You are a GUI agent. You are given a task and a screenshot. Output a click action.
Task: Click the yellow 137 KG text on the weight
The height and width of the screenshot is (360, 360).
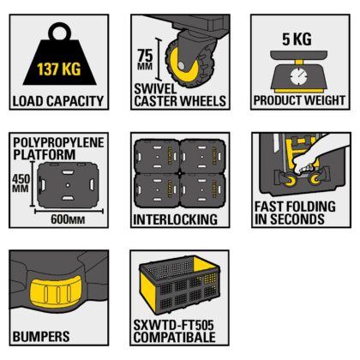coord(57,66)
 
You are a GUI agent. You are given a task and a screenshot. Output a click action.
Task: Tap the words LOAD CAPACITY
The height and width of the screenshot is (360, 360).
coord(57,101)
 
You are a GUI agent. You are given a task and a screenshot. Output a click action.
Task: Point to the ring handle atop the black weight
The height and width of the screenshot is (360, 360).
coord(58,33)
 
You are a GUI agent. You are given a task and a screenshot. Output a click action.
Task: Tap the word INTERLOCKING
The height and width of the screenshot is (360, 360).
coord(175,219)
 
